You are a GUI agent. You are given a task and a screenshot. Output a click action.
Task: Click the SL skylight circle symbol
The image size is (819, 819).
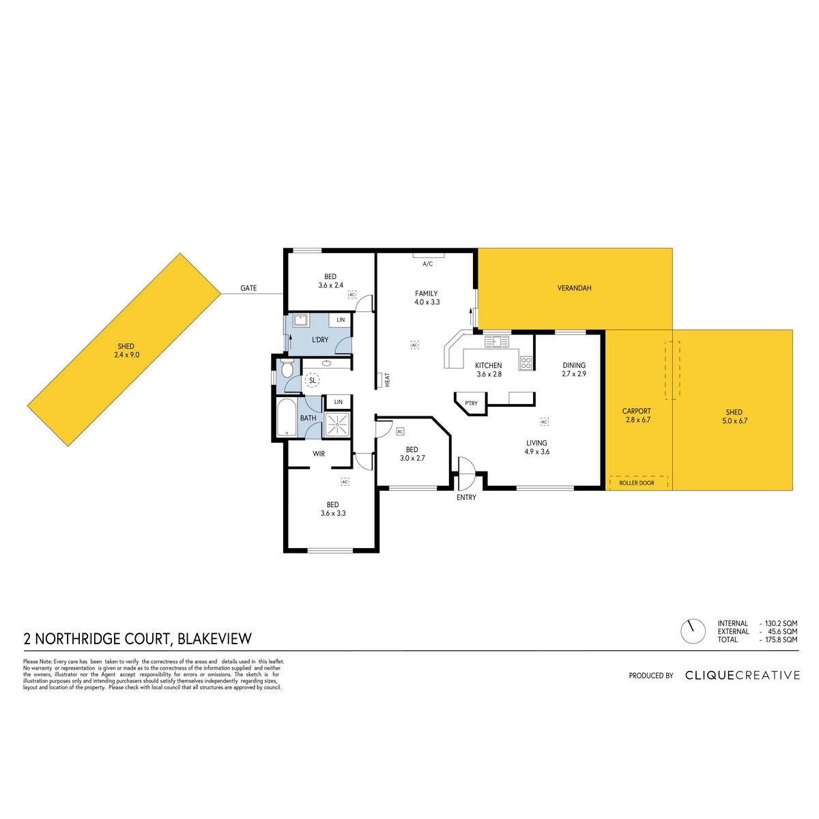click(x=313, y=380)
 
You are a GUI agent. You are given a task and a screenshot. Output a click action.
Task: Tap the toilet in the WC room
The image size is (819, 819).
click(x=287, y=369)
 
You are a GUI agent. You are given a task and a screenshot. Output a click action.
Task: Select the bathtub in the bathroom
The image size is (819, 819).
click(x=287, y=418)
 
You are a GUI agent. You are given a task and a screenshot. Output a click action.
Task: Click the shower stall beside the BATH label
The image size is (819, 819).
click(x=338, y=424)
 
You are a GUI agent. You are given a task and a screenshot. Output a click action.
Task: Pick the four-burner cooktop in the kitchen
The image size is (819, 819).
click(x=526, y=362)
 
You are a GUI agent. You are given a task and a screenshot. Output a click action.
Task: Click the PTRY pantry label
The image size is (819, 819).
click(x=471, y=403)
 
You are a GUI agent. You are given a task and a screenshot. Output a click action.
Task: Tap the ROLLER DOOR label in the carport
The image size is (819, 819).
click(x=637, y=483)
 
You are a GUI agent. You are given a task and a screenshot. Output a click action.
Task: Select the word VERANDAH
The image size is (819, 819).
click(x=574, y=288)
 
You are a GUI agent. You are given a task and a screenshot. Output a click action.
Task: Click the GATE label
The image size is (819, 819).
click(x=248, y=288)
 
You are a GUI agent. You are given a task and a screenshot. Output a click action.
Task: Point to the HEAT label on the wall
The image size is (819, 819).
click(x=387, y=379)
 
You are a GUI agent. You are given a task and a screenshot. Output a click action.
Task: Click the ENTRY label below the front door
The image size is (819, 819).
click(x=466, y=498)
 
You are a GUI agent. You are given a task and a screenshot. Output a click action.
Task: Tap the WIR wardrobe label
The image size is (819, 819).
click(x=319, y=454)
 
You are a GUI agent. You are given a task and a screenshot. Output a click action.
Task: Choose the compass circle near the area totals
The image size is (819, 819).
click(x=693, y=631)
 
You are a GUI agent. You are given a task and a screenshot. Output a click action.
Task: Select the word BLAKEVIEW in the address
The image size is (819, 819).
click(x=214, y=639)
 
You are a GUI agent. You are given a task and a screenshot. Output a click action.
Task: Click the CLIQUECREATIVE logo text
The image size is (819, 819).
click(x=743, y=676)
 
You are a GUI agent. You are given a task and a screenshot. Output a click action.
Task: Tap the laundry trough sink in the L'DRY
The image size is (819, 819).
click(x=301, y=320)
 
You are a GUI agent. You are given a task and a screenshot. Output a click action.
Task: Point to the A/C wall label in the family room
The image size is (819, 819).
click(x=427, y=264)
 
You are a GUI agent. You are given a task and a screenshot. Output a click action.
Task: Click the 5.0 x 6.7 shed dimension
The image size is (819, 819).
click(x=734, y=421)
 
